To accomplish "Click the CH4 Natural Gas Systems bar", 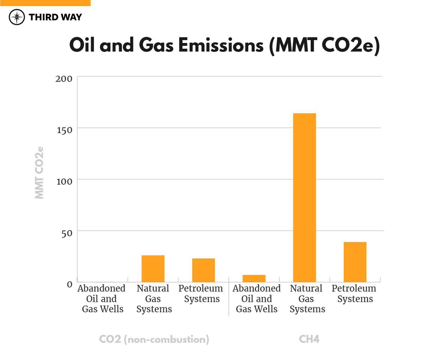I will point(304,197).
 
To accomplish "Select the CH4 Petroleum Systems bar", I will point(355,262).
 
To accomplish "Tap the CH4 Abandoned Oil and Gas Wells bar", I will point(254,278).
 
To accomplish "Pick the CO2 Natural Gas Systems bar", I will point(153,269).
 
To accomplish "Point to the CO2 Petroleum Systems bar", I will point(203,270).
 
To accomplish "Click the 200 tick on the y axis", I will point(64,79).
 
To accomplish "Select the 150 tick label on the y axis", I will point(64,130).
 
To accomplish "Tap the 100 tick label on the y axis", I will point(64,181).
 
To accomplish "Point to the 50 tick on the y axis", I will point(67,233).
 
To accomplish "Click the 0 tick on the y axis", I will point(70,285).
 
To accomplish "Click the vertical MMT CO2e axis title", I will point(39,173).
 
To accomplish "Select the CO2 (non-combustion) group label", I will point(154,339).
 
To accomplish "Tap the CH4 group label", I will point(309,339).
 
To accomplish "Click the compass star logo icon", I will point(17,17).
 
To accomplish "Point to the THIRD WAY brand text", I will point(55,17).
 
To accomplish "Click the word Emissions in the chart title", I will point(220,45).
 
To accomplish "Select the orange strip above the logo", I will point(45,3).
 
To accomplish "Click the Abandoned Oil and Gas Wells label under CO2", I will point(102,298).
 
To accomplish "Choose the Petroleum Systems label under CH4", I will point(354,293).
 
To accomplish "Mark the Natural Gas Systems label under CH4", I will point(307,298).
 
